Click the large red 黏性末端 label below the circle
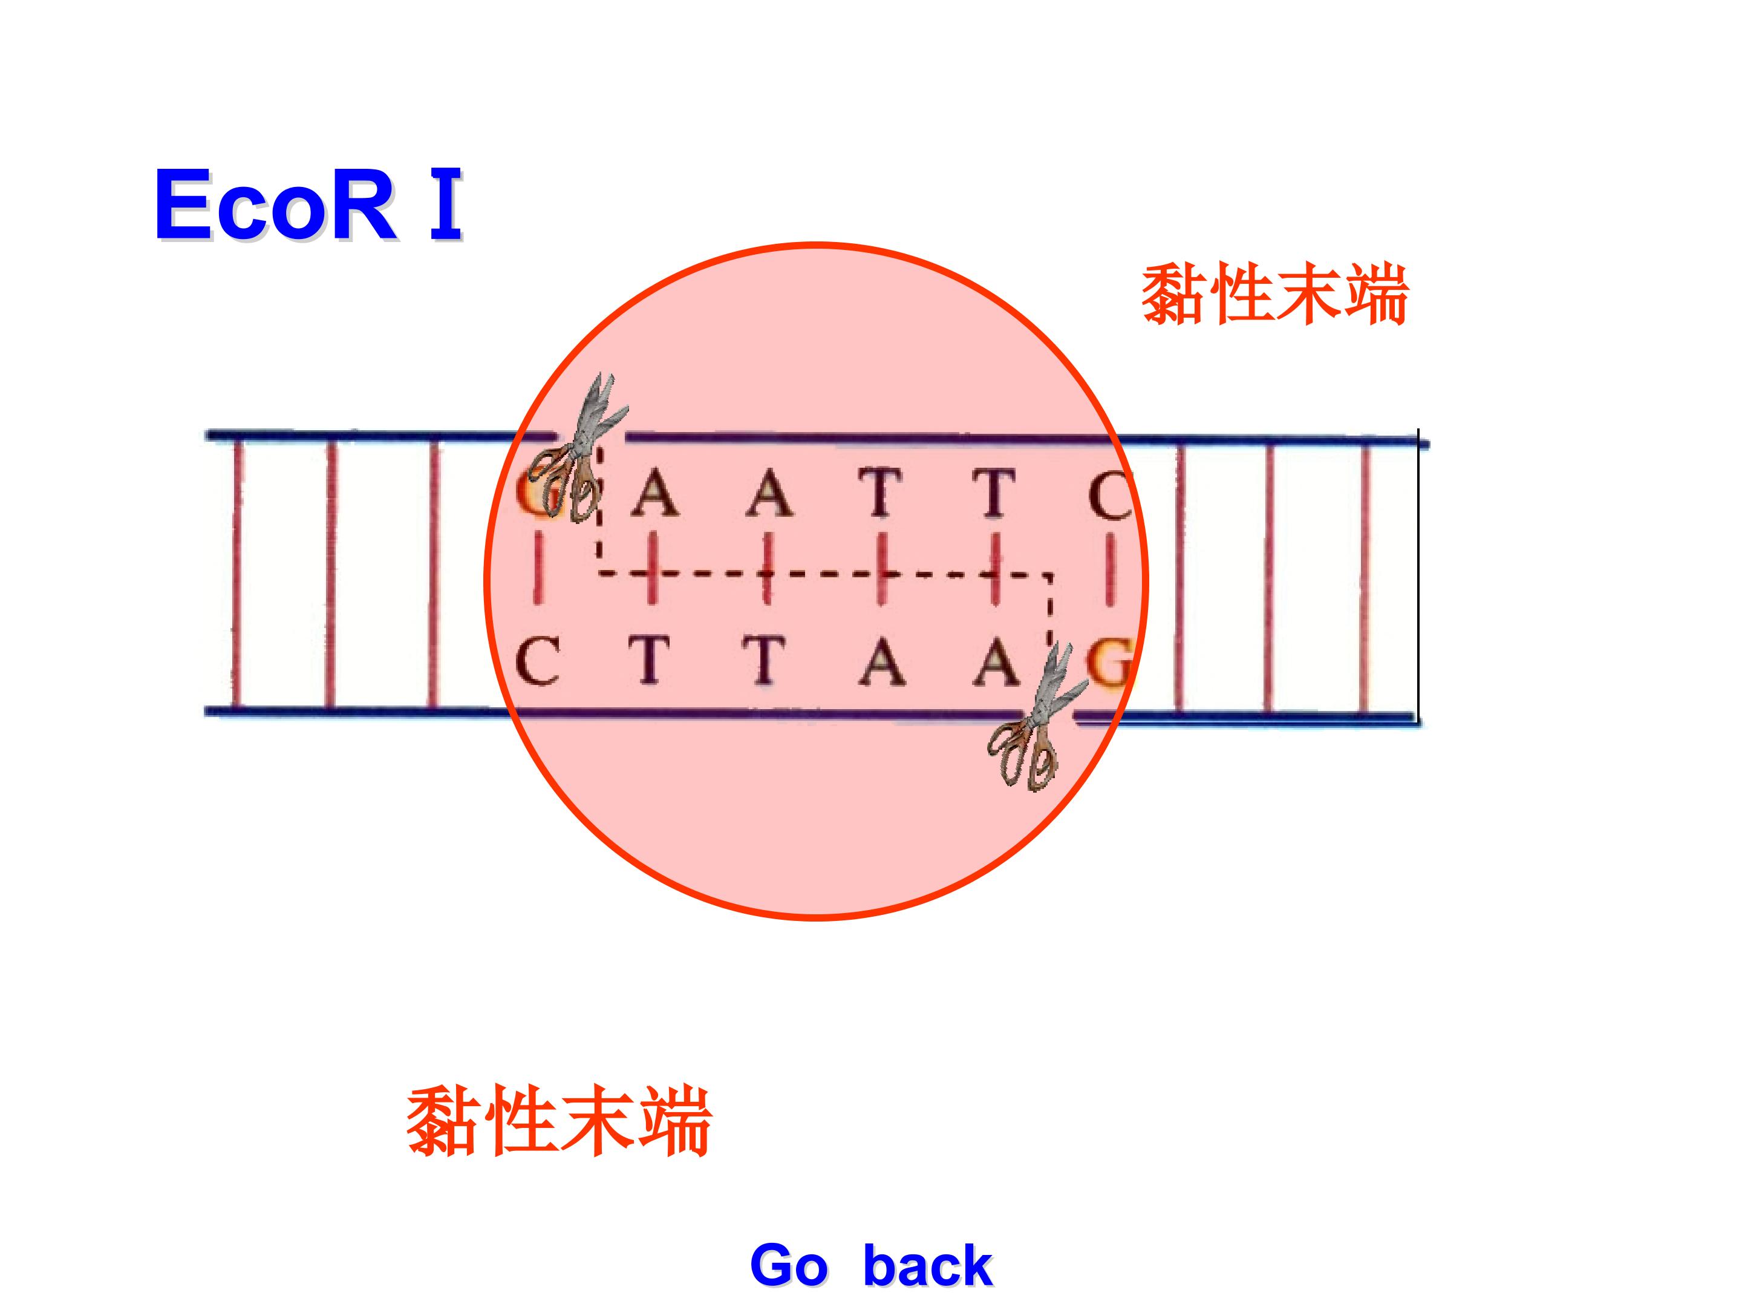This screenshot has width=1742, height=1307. (x=559, y=1121)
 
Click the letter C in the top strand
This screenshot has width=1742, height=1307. (x=1111, y=495)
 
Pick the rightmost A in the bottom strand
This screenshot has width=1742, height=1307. (x=996, y=662)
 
